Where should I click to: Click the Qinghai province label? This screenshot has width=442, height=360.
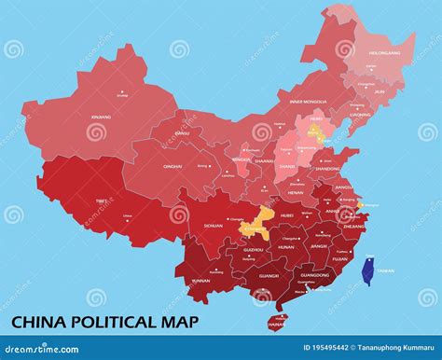click(173, 166)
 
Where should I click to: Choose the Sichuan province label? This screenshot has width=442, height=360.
click(214, 226)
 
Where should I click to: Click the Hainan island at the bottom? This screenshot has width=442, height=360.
click(276, 323)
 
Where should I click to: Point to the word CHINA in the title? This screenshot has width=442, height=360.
click(35, 323)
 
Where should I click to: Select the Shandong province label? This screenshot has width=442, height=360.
click(328, 169)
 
